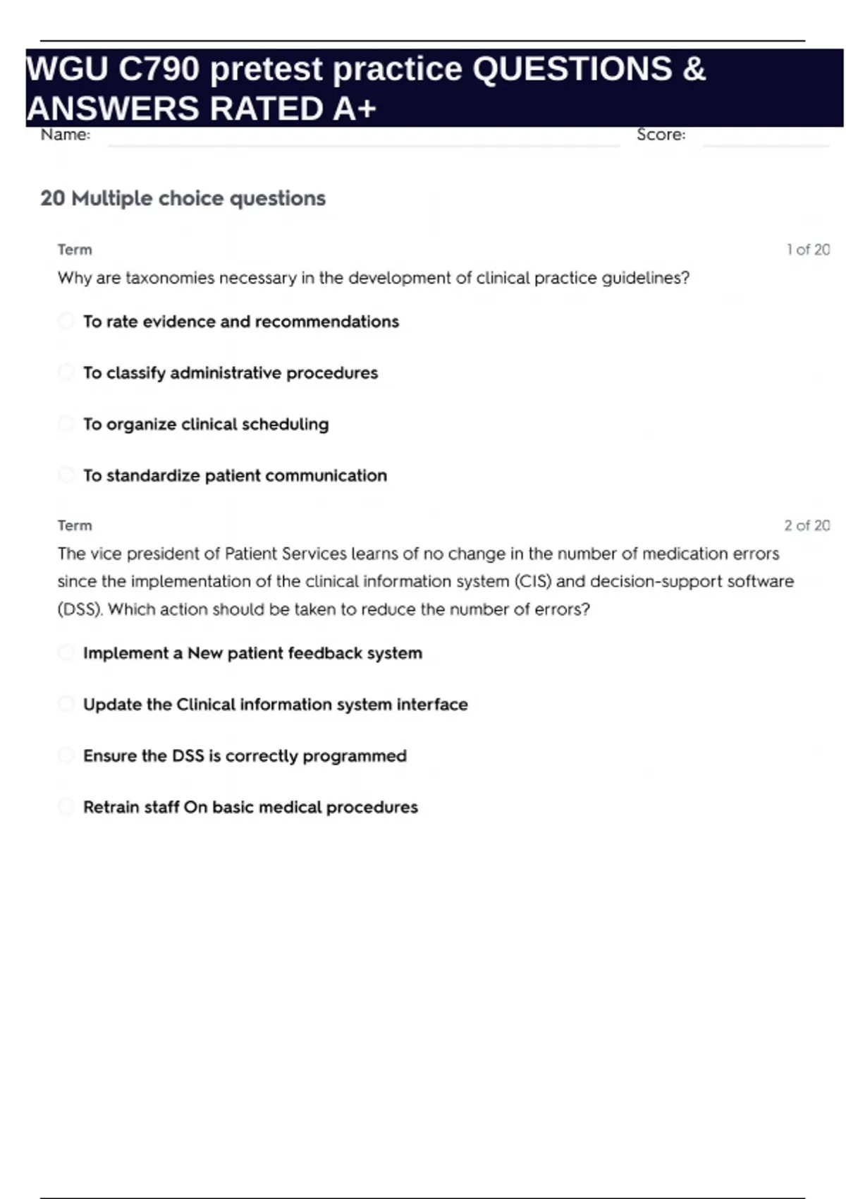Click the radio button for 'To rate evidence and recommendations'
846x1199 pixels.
click(x=66, y=322)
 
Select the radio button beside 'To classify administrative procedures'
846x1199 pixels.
click(x=66, y=372)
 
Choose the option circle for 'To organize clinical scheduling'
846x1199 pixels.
click(x=66, y=424)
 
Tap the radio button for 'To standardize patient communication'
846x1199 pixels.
click(x=66, y=475)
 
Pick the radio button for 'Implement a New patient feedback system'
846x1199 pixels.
click(x=66, y=653)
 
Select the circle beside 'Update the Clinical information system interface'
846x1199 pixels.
click(x=66, y=704)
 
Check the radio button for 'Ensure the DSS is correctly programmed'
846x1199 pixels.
click(x=66, y=755)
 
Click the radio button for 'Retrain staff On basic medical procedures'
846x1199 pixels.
click(x=66, y=807)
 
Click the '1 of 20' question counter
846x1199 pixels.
click(x=808, y=250)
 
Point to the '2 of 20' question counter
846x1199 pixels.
click(x=807, y=525)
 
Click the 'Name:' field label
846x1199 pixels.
click(x=66, y=135)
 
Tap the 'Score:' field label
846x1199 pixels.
click(x=661, y=135)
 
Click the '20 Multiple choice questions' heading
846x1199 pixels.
click(x=183, y=198)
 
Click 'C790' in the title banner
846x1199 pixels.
click(x=159, y=69)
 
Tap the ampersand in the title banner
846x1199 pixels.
click(x=694, y=69)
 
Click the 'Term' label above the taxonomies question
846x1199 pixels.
click(x=75, y=250)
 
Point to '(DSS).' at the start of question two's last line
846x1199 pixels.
click(x=80, y=609)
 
